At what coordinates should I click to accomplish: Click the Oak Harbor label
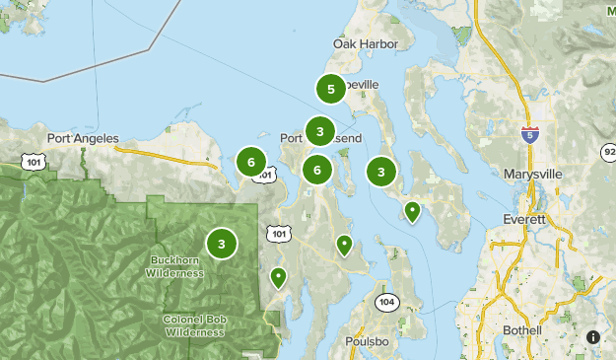tap(366, 44)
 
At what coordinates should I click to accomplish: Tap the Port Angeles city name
tap(83, 138)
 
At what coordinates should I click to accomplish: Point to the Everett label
tap(524, 219)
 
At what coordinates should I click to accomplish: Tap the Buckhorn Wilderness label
tap(174, 267)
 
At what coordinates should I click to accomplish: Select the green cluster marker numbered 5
tap(331, 90)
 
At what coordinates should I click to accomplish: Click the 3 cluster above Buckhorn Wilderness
tap(222, 244)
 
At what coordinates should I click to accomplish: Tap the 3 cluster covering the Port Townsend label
tap(320, 131)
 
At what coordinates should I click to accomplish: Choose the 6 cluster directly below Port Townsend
tap(317, 171)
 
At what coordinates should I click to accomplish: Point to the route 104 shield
tap(385, 302)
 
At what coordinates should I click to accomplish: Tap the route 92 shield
tap(609, 151)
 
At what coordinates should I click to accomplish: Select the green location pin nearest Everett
tap(412, 210)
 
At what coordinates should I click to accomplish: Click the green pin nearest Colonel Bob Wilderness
tap(279, 277)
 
